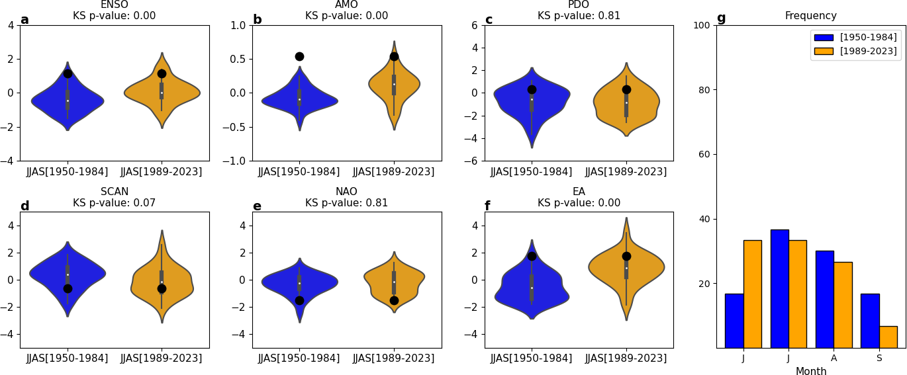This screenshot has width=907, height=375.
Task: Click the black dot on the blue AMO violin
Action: pos(299,56)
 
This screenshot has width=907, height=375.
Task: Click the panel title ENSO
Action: pos(115,5)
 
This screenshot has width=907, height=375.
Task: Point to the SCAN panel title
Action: pos(115,192)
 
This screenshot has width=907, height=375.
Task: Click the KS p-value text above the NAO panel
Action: pos(346,203)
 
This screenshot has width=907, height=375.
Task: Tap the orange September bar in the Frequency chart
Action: pos(888,337)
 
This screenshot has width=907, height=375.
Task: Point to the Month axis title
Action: pos(811,372)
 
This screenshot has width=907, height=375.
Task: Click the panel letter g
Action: pos(721,19)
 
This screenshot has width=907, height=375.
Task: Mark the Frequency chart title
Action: pos(810,16)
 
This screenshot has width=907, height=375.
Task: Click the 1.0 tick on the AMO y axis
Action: pos(237,25)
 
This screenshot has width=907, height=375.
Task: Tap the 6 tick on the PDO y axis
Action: pos(474,25)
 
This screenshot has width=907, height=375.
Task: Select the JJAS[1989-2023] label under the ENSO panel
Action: pos(162,172)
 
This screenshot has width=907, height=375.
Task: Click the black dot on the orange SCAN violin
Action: pos(162,288)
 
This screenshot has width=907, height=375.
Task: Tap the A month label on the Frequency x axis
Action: pos(834,358)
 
